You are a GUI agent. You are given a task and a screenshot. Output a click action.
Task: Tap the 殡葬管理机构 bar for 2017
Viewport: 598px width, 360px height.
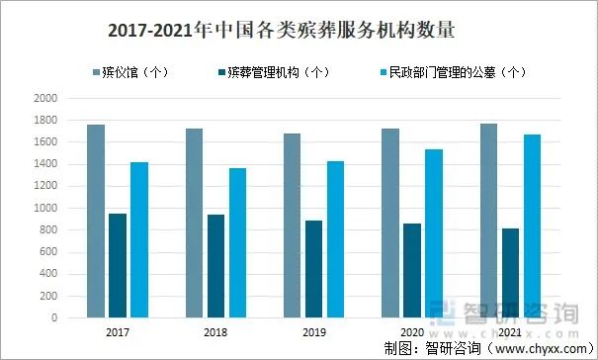coord(118,266)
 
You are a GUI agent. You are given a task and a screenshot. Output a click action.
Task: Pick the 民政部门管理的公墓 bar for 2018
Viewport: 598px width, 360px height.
coord(237,243)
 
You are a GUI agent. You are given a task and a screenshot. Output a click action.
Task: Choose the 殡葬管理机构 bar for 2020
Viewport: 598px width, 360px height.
coord(411,271)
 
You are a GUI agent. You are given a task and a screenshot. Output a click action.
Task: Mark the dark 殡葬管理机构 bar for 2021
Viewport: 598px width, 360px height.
coord(509,273)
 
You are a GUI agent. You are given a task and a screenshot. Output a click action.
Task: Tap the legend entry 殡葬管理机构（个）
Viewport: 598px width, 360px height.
coord(278,72)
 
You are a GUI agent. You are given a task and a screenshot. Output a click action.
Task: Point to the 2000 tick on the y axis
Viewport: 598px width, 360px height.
coord(45,99)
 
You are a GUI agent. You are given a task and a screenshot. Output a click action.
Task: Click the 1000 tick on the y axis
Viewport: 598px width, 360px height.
coord(45,209)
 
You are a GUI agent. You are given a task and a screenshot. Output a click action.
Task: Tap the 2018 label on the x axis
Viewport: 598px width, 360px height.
coord(214,333)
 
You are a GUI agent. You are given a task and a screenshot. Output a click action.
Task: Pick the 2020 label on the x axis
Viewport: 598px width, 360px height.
coord(411,333)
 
